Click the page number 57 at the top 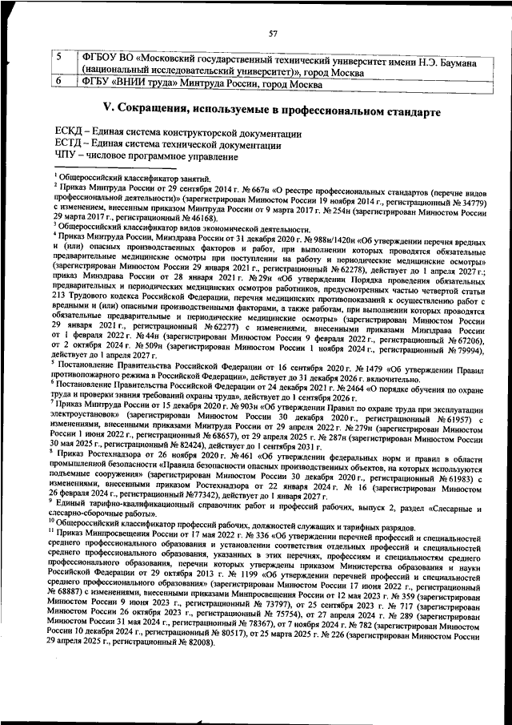pyautogui.click(x=273, y=33)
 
